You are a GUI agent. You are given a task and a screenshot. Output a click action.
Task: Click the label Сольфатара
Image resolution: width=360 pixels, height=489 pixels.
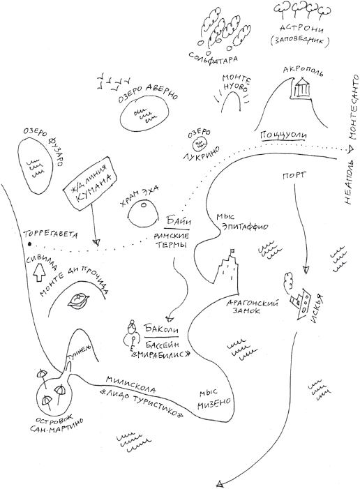pos(213,57)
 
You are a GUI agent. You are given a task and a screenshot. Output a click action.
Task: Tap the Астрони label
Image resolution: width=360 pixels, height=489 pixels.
pos(301,29)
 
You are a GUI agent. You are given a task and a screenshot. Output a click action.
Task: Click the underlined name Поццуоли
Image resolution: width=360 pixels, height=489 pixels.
pos(283,135)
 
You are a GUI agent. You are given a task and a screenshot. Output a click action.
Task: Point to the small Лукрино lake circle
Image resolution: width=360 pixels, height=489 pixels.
pos(199,144)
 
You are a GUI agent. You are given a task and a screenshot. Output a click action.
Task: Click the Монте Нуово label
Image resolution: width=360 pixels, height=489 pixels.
pos(236,84)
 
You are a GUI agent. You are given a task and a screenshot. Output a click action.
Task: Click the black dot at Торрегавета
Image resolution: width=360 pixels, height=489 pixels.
pos(29,244)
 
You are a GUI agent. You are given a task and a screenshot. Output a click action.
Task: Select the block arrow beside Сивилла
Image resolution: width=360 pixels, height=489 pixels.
pos(39,272)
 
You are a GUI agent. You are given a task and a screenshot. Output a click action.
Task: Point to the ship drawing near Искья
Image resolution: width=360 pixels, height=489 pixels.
pos(301,303)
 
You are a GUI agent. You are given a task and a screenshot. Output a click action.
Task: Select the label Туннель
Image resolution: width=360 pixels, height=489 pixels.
pos(80,354)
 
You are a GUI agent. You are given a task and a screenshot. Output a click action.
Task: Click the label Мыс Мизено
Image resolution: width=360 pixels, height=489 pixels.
pos(215,398)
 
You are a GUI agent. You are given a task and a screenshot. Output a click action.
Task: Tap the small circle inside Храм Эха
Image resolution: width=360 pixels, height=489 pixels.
pos(143,204)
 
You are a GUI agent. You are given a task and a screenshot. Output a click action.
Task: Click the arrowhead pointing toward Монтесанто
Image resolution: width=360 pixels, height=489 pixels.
pos(350,150)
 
